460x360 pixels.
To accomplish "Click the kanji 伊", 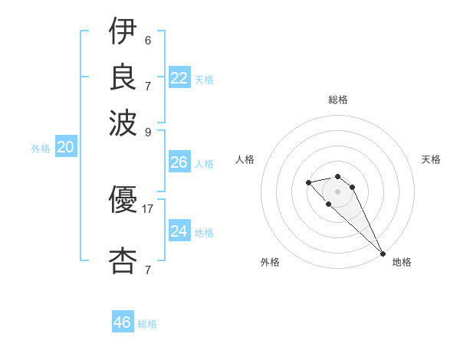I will [123, 32].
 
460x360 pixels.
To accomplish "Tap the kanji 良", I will [123, 76].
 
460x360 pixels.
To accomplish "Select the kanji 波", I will [123, 122].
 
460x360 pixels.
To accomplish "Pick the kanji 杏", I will [123, 261].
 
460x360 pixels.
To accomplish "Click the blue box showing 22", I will [179, 78].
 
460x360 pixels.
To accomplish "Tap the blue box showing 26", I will [179, 162].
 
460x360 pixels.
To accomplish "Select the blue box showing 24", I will [179, 231].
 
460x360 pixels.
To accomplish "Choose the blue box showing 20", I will [66, 148].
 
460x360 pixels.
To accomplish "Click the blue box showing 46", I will [123, 322].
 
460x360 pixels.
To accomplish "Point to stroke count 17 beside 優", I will [148, 208].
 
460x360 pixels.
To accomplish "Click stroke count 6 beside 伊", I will [148, 40].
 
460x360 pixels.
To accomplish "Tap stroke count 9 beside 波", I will [148, 131].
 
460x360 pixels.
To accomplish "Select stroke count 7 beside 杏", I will [148, 270].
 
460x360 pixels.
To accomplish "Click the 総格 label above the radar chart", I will [338, 100].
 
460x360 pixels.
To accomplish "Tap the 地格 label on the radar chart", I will [402, 262].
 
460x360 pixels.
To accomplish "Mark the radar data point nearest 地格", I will [382, 254].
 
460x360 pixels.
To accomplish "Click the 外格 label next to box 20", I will [41, 149].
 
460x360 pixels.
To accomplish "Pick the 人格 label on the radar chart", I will [245, 159].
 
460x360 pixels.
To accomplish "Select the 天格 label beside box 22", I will [203, 79].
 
